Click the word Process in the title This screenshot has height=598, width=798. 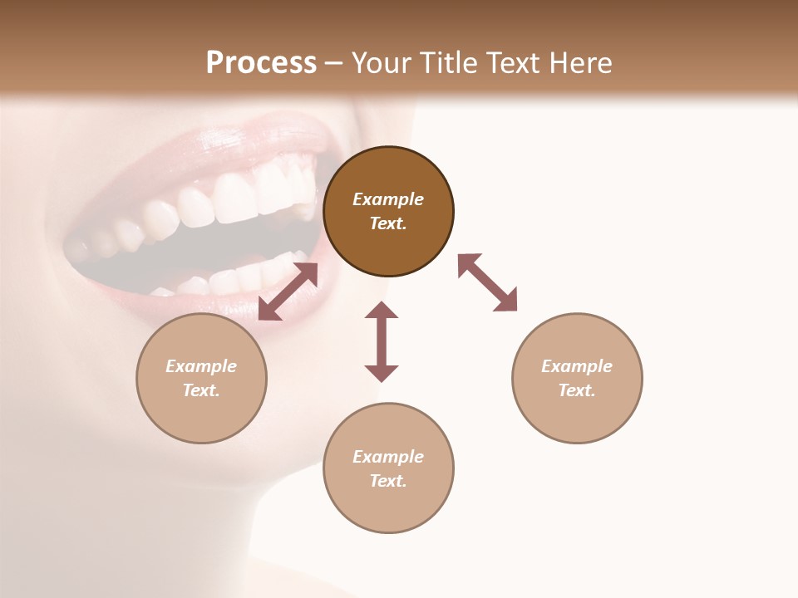(x=261, y=63)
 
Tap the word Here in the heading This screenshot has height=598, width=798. (x=579, y=63)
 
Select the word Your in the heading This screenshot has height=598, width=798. (x=382, y=63)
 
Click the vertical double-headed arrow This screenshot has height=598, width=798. (x=382, y=342)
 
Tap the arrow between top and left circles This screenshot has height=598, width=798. (x=288, y=292)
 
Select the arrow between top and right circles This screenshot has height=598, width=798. (x=488, y=282)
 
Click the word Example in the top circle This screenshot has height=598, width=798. (x=388, y=199)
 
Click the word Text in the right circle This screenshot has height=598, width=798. (x=576, y=390)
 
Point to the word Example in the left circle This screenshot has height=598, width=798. (x=201, y=366)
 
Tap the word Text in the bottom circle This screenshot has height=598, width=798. (x=387, y=481)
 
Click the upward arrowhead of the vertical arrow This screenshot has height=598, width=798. (x=382, y=311)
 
